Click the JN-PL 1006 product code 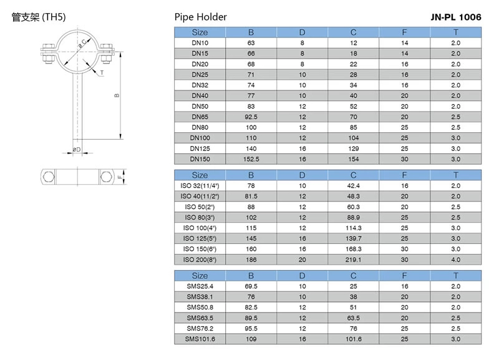click(455, 17)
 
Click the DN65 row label click(200, 117)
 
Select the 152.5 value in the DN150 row click(251, 159)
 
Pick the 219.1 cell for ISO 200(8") click(353, 259)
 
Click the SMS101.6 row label click(200, 338)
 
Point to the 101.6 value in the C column click(353, 338)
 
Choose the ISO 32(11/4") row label click(200, 185)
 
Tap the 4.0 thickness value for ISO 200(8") click(455, 259)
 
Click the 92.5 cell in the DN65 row click(251, 117)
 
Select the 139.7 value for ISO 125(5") click(353, 238)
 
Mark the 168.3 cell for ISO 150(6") click(353, 249)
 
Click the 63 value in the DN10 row click(251, 42)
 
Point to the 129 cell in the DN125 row click(353, 148)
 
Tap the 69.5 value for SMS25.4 click(251, 286)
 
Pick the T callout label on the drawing click(102, 73)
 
